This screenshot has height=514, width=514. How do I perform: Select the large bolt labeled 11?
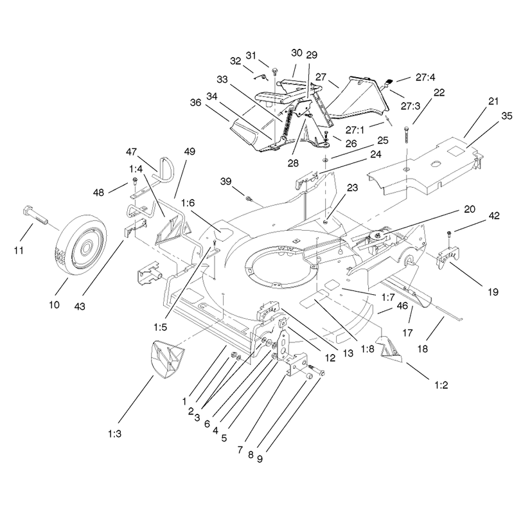35,215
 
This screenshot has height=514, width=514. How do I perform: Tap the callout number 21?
493,102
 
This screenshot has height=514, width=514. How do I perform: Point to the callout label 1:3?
115,434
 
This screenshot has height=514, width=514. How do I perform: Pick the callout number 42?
494,216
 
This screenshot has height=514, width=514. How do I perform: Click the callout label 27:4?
425,77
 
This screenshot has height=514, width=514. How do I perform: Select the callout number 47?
131,152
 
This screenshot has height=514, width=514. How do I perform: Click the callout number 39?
226,181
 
